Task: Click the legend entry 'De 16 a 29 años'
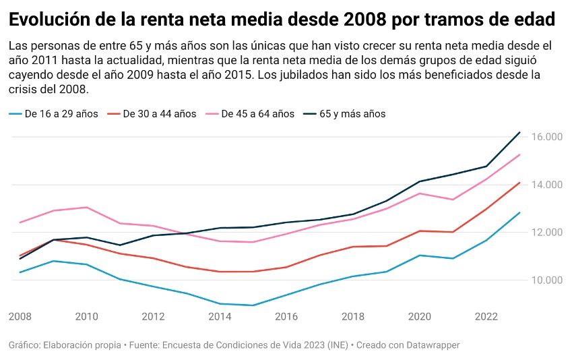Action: (61, 114)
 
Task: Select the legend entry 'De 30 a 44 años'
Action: (160, 114)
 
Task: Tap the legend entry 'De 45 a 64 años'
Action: (257, 114)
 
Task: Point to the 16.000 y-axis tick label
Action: (546, 137)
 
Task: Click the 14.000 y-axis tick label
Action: (546, 185)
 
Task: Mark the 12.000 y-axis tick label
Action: (546, 233)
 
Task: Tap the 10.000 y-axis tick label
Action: (546, 280)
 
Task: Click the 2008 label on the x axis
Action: (20, 316)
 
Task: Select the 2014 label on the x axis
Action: (220, 316)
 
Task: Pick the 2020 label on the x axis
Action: (420, 316)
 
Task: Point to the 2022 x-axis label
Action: (486, 316)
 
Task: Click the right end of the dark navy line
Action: (519, 132)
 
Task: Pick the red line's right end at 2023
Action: (519, 182)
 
